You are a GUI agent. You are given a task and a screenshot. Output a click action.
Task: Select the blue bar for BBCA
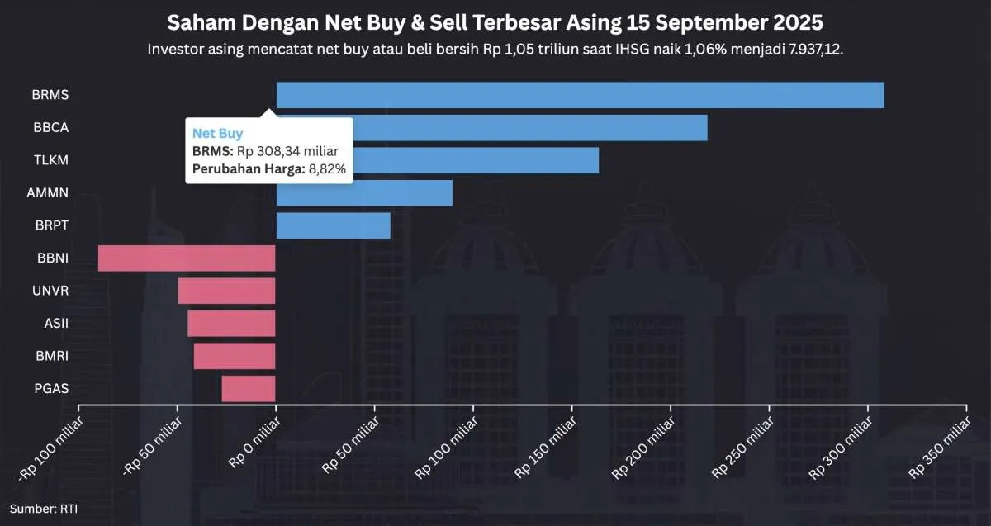pos(529,128)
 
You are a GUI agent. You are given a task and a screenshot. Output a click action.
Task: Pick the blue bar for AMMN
pos(364,193)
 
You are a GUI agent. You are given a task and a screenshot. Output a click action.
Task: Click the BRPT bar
pos(333,225)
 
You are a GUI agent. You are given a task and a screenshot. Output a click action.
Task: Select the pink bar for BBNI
pos(187,258)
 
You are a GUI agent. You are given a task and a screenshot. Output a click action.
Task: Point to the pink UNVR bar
pos(226,291)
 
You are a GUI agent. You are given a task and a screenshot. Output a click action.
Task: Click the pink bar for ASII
pos(231,324)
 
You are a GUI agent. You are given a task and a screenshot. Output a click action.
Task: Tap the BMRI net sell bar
pos(235,356)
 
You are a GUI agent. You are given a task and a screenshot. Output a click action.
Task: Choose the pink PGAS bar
pos(248,388)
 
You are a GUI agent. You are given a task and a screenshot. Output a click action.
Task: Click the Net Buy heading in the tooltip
pos(218,133)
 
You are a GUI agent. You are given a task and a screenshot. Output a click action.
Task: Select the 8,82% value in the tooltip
pos(326,169)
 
